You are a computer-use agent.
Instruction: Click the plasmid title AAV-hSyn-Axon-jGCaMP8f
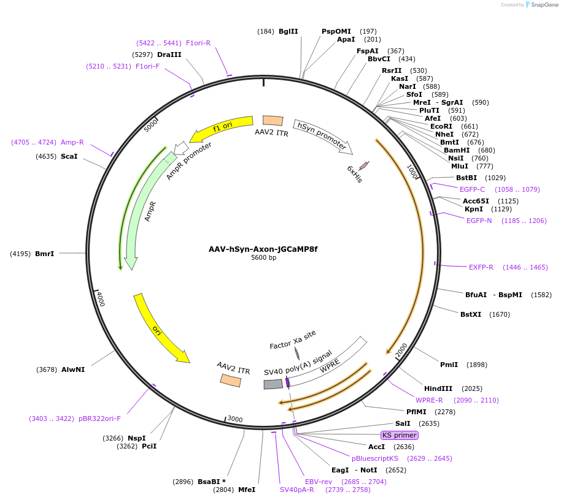tap(263, 249)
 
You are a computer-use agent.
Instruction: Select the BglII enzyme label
tap(288, 31)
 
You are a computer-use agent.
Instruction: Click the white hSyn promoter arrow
tap(322, 135)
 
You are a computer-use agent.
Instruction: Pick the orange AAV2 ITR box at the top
tap(273, 121)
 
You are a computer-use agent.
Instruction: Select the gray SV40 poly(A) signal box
tap(273, 384)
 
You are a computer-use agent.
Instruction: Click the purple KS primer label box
tap(399, 435)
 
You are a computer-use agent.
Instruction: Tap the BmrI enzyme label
tap(44, 253)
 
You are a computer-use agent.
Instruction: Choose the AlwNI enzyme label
tap(72, 369)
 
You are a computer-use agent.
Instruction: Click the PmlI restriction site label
tap(449, 365)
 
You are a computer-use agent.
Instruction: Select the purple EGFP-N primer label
tap(479, 221)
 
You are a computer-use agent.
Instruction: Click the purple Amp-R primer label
tap(72, 142)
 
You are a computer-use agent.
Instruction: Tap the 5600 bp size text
tap(263, 258)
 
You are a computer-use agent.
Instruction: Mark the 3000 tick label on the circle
tap(235, 419)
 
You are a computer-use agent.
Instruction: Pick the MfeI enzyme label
tap(246, 490)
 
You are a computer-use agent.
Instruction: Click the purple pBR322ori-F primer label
tap(99, 419)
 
